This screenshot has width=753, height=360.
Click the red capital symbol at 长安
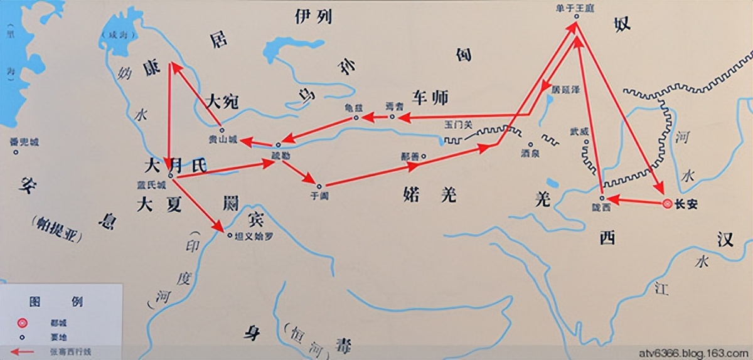pos(668,203)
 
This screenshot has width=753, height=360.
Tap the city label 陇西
pos(601,208)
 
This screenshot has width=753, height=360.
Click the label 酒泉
pos(530,153)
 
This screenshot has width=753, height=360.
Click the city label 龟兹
pos(355,107)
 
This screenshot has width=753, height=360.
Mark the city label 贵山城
pos(223,140)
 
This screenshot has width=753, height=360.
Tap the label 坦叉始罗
pos(254,238)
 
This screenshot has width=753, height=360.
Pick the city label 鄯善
pos(410,156)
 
